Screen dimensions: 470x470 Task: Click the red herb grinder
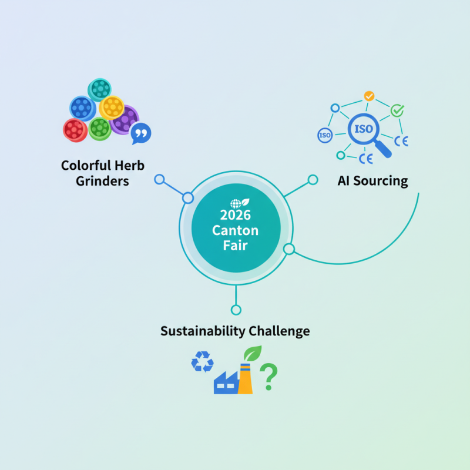[x=75, y=129]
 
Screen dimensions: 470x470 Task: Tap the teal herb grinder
[x=99, y=89]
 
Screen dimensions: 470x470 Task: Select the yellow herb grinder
[x=111, y=107]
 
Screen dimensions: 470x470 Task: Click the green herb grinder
[x=99, y=127]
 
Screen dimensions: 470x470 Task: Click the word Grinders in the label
[x=102, y=181]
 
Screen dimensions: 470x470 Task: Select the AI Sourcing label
[x=372, y=180]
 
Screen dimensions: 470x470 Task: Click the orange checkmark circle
[x=369, y=96]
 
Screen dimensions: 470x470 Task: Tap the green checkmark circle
[x=398, y=110]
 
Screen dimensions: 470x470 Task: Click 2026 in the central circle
[x=235, y=215]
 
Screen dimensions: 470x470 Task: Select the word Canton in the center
[x=235, y=230]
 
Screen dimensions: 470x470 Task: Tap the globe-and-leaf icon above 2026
[x=236, y=203]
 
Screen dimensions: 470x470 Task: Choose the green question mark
[x=268, y=377]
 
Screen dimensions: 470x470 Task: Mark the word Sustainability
[x=203, y=331]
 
